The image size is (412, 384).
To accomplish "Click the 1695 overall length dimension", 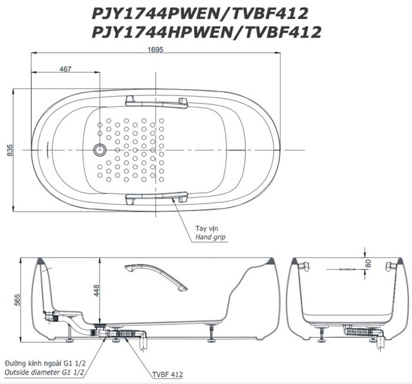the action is tap(155, 49).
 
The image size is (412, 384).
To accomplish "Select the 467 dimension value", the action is tap(65, 69).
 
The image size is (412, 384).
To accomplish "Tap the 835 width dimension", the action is tap(10, 150).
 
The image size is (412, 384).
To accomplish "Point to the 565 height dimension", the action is tap(17, 300).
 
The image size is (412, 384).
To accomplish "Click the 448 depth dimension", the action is tap(97, 290).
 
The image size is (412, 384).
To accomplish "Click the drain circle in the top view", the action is tap(99, 150).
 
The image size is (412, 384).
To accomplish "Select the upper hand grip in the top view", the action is tap(157, 102).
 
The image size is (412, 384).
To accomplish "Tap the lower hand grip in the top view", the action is tap(157, 198).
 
